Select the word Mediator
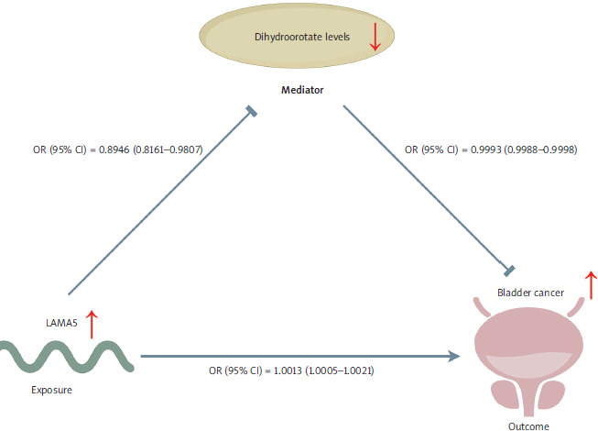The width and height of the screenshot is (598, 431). pos(299,92)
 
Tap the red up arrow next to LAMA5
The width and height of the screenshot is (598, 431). pos(90,324)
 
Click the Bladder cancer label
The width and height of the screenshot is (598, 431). pos(530,293)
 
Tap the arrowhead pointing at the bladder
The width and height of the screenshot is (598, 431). pos(453,354)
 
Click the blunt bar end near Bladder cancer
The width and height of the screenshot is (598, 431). pos(510,271)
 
